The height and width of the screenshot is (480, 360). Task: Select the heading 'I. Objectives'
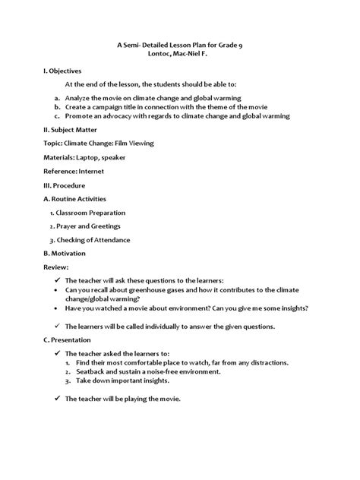[64, 71]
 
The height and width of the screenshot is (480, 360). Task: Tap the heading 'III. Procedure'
[64, 185]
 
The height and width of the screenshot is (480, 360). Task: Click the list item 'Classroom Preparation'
[91, 213]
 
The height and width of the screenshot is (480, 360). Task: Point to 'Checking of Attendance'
[93, 240]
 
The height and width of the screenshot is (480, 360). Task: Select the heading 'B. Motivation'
[64, 253]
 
